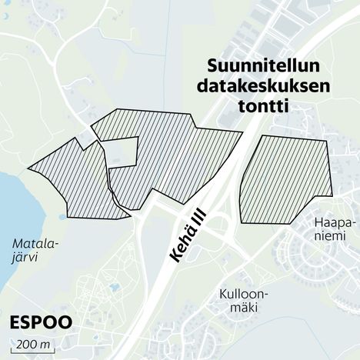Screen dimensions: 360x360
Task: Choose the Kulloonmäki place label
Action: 238,301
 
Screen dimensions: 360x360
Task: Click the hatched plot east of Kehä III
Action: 285,178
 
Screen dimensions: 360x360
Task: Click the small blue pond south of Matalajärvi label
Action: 115,287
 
